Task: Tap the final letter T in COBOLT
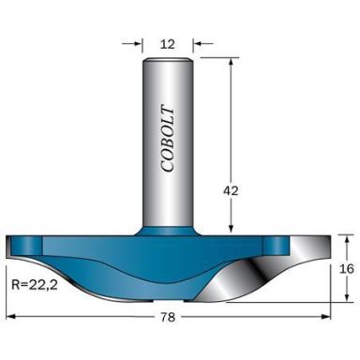coord(167,104)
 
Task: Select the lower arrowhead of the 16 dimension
coord(346,300)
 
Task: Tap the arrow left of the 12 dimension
coord(136,42)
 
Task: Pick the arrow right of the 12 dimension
coord(198,42)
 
